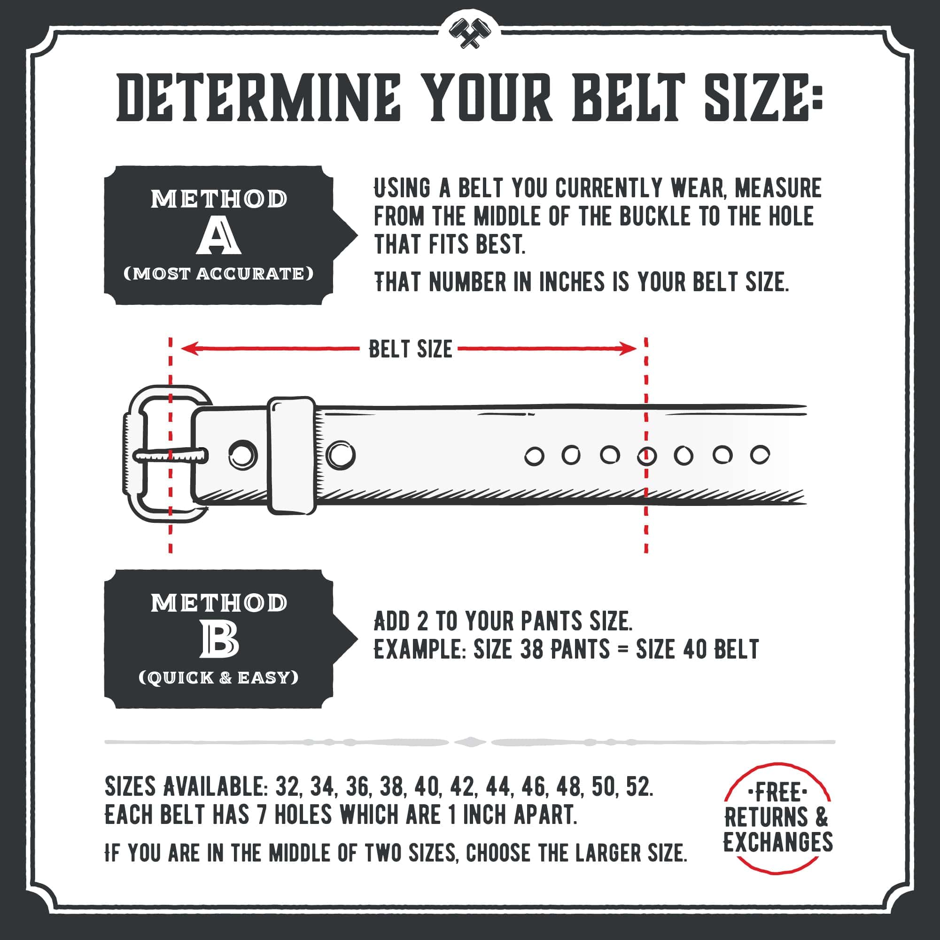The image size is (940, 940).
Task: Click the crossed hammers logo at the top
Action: (469, 33)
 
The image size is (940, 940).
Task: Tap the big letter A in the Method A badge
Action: (218, 236)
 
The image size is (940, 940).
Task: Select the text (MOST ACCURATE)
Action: (218, 274)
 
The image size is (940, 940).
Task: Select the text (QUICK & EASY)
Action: (218, 678)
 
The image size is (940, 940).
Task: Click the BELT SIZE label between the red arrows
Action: (410, 350)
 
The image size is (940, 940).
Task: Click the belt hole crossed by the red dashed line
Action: (646, 457)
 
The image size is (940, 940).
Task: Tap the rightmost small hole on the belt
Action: (760, 455)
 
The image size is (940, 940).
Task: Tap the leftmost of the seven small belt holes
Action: (534, 457)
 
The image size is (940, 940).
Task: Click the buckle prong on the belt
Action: (170, 456)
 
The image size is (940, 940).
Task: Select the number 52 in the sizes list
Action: (639, 787)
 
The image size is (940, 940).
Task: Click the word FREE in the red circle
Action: (777, 793)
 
